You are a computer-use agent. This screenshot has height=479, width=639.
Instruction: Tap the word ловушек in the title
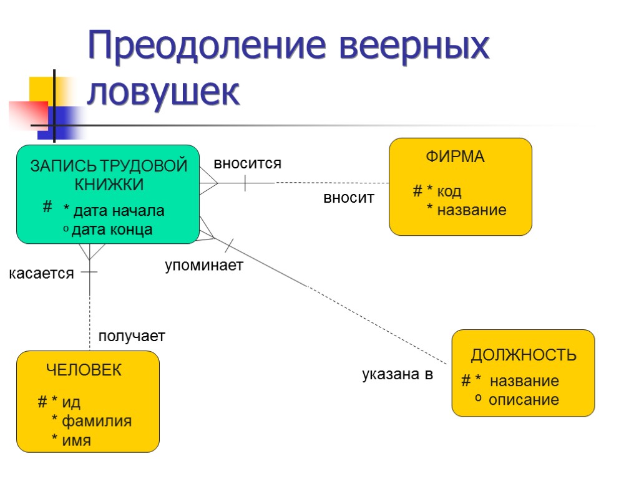coord(163,93)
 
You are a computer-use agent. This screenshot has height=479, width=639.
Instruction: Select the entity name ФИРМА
coord(455,157)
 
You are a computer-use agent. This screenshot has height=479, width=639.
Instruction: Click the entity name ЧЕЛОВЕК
coord(84,370)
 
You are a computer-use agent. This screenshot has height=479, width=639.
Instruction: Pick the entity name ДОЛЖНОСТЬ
coord(523,356)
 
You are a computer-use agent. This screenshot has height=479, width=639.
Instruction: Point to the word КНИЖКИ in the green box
coord(109,185)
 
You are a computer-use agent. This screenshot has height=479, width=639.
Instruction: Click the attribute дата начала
coord(118,211)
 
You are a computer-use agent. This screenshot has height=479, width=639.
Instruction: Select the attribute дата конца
coord(112,230)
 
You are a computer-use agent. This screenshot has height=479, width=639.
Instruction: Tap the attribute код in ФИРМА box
coord(449,191)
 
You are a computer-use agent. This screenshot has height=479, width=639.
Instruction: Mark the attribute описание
coord(524,400)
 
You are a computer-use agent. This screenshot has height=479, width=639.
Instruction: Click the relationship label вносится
coord(248,164)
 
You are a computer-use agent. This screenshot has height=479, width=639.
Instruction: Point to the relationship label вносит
coord(348,198)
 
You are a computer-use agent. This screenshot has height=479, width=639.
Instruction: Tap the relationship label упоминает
coord(203,266)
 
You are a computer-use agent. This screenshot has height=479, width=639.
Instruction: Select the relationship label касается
coord(41,273)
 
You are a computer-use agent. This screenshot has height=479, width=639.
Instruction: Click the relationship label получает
coord(132,336)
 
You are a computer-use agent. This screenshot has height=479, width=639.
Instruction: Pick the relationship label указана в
coord(398,375)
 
